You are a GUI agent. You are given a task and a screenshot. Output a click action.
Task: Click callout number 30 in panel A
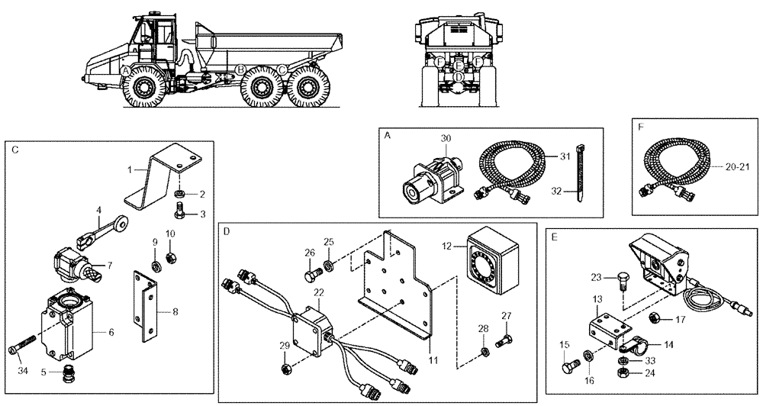click(446, 138)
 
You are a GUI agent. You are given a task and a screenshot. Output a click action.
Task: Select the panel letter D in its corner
click(227, 230)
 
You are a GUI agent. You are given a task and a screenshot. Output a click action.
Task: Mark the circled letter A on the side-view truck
click(125, 70)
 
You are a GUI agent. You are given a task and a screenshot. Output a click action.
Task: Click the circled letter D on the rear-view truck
click(458, 76)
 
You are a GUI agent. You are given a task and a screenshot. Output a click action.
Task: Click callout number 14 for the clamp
click(668, 344)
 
